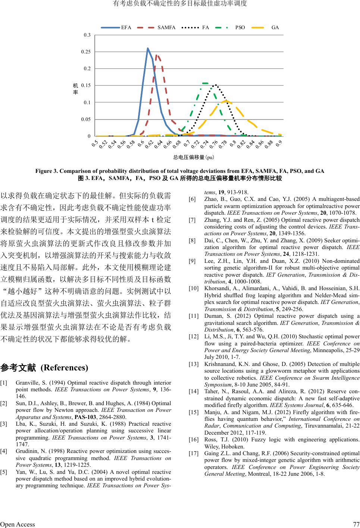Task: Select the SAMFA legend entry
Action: click(166, 28)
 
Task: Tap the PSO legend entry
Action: click(240, 28)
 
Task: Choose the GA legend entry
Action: click(275, 28)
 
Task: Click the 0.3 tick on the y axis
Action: click(87, 35)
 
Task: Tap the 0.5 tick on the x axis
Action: click(95, 142)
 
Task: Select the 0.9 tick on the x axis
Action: click(279, 143)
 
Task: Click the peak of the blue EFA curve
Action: click(148, 48)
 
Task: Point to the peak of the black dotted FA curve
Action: click(215, 85)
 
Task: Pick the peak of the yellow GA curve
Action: click(226, 100)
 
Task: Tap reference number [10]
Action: click(194, 288)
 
